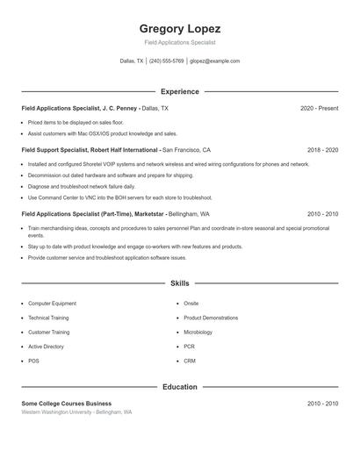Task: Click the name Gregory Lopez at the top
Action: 180,28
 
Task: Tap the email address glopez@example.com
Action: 215,61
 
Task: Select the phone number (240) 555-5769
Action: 167,61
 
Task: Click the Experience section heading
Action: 180,91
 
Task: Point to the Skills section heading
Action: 180,283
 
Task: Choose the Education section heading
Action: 180,386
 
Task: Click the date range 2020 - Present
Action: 319,108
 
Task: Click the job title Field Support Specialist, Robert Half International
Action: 90,150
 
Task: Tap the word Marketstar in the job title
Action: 148,213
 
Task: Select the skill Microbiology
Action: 198,333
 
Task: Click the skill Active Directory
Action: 47,347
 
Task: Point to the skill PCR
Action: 189,347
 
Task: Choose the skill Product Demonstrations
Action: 210,318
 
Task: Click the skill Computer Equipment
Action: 52,303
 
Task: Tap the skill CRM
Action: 190,361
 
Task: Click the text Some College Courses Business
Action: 67,403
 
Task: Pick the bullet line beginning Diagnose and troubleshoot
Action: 82,186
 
